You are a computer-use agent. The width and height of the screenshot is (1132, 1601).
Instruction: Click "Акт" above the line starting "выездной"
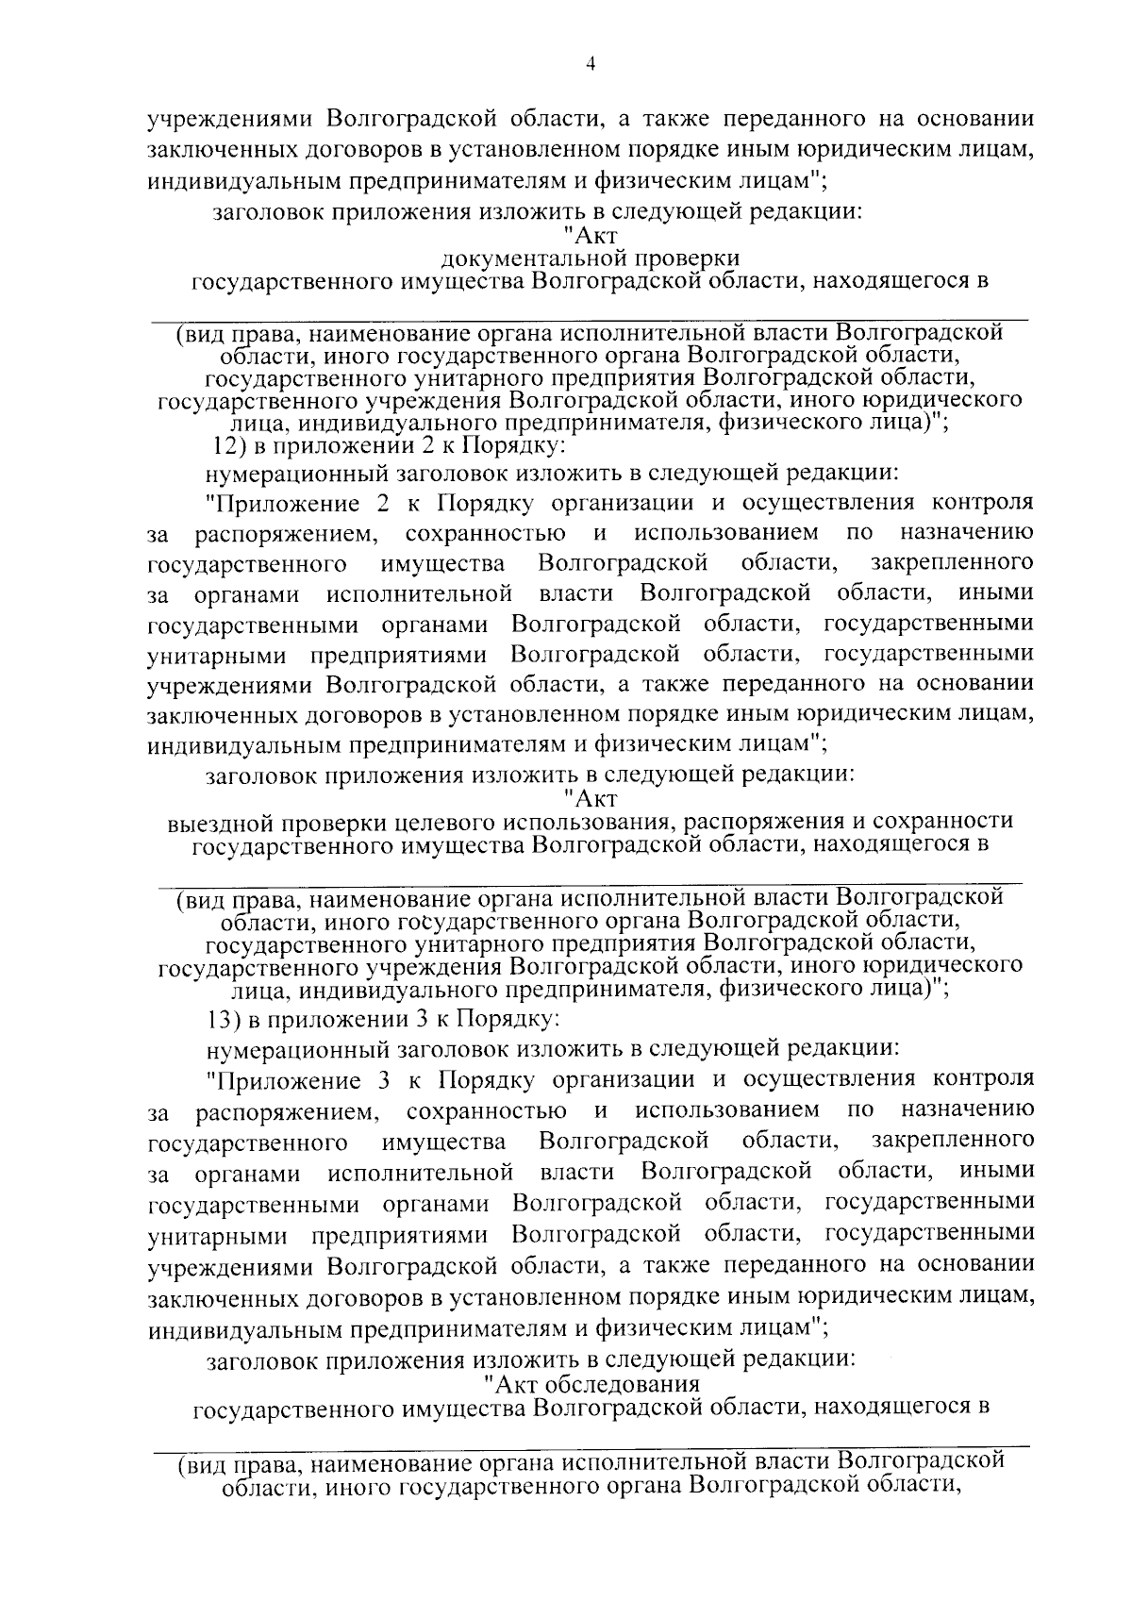tap(593, 800)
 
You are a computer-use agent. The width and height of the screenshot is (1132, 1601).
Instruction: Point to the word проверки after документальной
tap(692, 258)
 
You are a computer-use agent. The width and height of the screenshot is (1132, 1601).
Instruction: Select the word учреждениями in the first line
tap(233, 120)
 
